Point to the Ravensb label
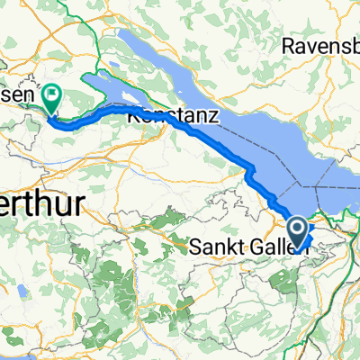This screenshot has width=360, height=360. (x=320, y=44)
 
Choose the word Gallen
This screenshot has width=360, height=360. (x=274, y=244)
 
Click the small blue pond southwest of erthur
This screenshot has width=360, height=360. (x=17, y=291)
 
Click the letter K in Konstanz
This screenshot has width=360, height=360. (x=133, y=116)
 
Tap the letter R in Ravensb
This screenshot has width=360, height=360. (x=288, y=44)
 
